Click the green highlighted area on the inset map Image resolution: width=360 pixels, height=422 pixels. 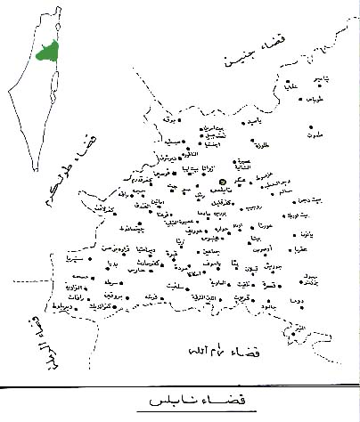45,50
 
